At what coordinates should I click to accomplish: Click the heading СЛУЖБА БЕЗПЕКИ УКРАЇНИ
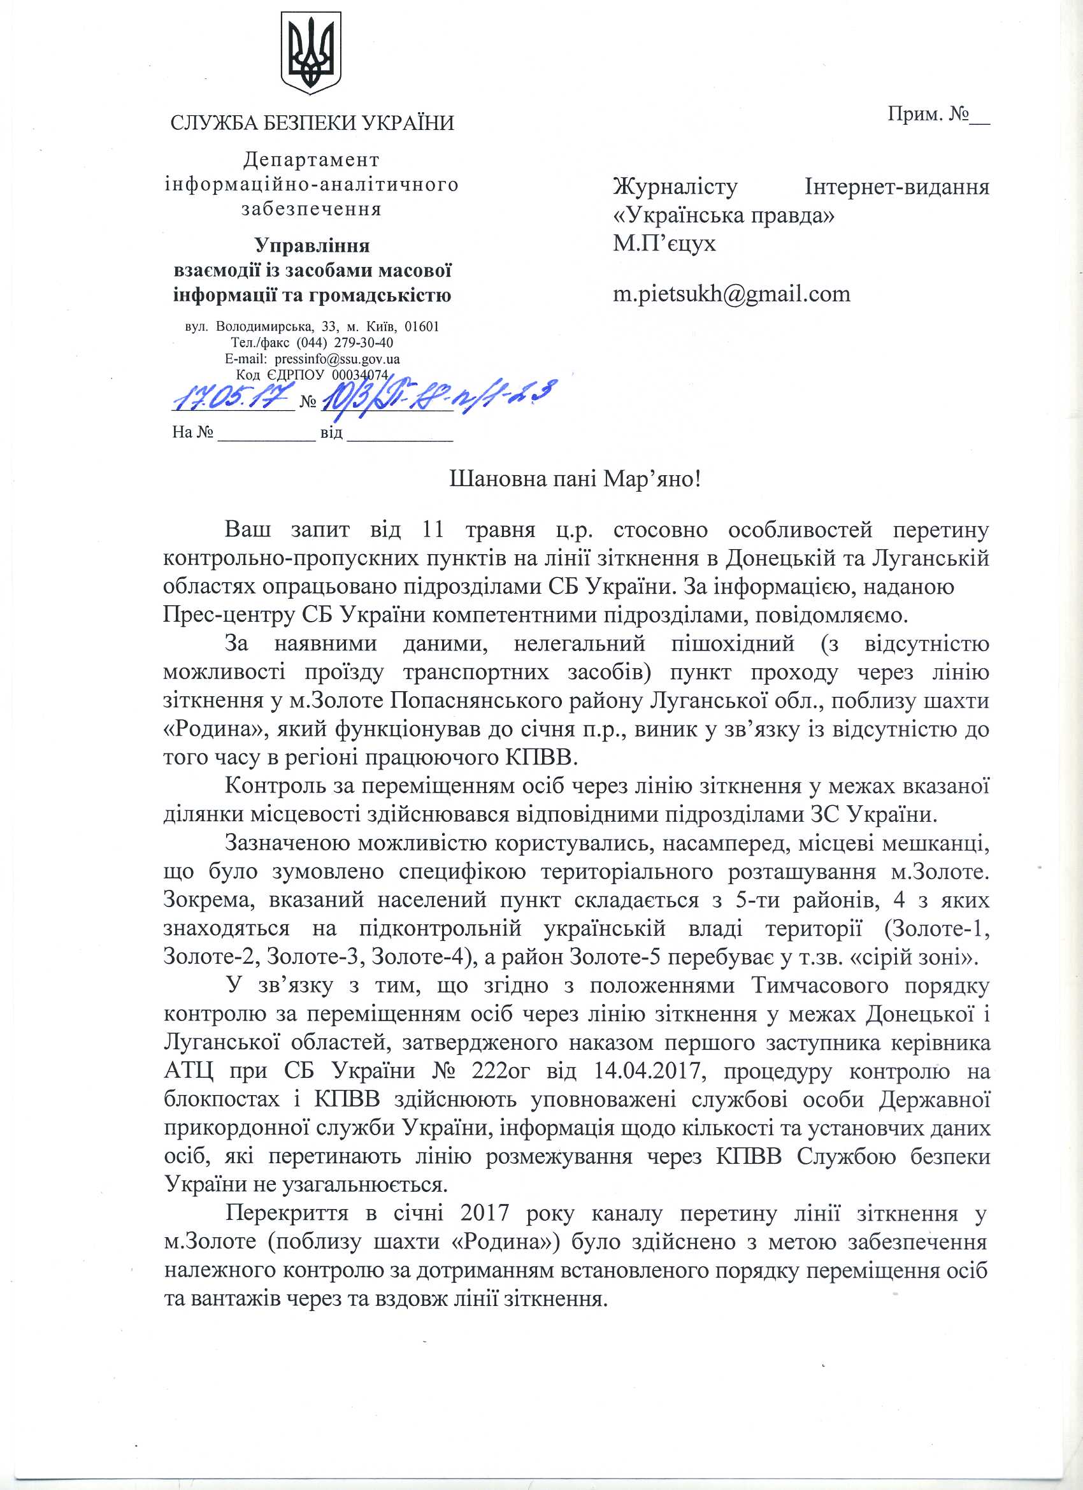pos(312,124)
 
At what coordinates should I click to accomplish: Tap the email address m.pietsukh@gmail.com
pos(731,294)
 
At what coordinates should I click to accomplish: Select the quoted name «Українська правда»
pos(724,215)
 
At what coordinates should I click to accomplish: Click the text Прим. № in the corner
pos(938,114)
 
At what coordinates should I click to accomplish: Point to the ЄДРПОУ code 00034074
pos(360,375)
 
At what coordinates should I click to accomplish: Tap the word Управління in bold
pos(312,246)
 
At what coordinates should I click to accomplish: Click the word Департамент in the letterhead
pos(312,159)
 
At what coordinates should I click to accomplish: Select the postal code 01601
pos(422,327)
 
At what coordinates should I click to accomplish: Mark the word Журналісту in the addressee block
pos(675,187)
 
